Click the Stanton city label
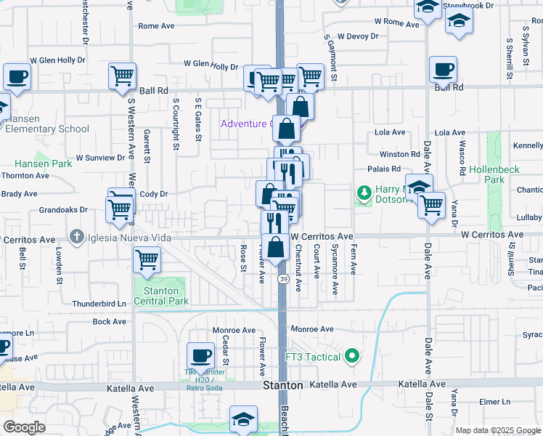[x=282, y=385]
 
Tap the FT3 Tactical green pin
[x=352, y=356]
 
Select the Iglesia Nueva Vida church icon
[x=78, y=236]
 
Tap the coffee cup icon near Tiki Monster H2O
[x=200, y=356]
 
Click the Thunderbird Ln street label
[x=99, y=304]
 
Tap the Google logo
[x=24, y=427]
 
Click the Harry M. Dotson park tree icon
[x=363, y=193]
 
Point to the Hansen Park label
[x=44, y=163]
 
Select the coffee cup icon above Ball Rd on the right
[x=443, y=70]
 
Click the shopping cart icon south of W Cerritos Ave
[x=147, y=259]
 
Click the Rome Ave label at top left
[x=157, y=25]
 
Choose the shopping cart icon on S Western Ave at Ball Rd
[x=122, y=76]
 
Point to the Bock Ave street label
[x=110, y=321]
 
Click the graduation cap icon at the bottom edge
[x=243, y=418]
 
